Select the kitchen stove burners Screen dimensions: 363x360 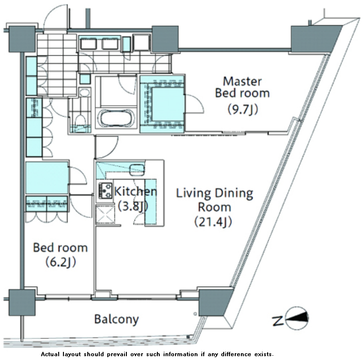(104, 191)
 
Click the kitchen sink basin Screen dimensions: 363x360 (137, 169)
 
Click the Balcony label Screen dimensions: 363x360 (116, 319)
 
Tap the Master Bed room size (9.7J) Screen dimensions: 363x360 (242, 109)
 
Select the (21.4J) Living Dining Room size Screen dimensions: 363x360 (213, 222)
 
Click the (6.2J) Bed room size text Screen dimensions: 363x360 (61, 262)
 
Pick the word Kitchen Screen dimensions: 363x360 (135, 191)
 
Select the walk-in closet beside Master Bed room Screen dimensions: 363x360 (163, 104)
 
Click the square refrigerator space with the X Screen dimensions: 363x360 (105, 214)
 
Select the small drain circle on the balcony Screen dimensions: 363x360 (195, 314)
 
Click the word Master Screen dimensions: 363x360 (242, 82)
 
